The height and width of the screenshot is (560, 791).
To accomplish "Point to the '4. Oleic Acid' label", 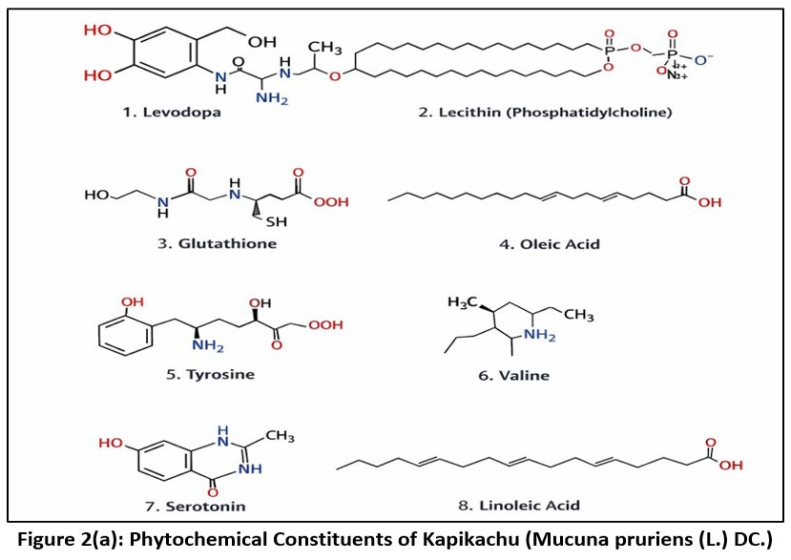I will [549, 244].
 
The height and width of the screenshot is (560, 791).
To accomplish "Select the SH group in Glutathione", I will [278, 222].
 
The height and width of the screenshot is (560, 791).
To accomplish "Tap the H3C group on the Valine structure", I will [462, 302].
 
